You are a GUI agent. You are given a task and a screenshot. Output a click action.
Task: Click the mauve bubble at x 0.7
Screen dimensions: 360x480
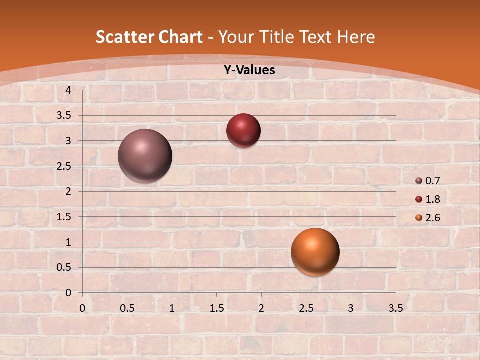tap(145, 156)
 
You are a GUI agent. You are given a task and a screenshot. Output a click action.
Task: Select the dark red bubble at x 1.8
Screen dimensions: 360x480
tap(243, 130)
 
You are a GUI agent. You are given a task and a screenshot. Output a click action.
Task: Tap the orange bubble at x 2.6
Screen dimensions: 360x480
tap(315, 252)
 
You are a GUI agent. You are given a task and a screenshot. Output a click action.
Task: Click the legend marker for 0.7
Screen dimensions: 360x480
tap(419, 181)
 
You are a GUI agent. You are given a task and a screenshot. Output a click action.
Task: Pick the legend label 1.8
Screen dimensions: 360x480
tap(432, 199)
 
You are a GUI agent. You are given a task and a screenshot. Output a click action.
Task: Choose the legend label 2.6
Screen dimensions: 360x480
tap(432, 218)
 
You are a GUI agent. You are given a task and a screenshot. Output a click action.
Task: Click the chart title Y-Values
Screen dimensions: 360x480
tap(249, 70)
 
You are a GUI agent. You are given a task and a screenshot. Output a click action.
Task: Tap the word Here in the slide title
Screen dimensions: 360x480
tap(355, 37)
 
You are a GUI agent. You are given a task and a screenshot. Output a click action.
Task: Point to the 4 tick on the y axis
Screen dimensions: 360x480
tap(68, 90)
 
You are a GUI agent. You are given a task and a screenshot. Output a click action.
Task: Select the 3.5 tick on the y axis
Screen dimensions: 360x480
tap(64, 115)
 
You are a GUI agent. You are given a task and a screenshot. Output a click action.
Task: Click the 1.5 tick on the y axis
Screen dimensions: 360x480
tap(64, 216)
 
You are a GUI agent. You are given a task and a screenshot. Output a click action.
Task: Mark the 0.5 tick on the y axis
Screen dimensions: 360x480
tap(64, 267)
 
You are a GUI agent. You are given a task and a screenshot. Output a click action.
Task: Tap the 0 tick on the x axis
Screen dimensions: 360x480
tap(82, 308)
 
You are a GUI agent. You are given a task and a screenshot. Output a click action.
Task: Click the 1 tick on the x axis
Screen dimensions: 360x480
tap(172, 308)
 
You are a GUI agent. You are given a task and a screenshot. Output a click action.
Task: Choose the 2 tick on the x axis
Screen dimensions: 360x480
tap(261, 308)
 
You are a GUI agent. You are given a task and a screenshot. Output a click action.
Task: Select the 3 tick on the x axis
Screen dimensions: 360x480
tap(351, 308)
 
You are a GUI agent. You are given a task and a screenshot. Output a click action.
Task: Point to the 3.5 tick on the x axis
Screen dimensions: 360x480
tap(395, 308)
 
